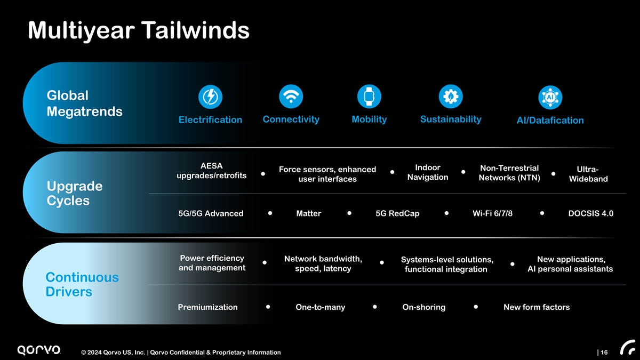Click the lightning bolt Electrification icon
click(x=210, y=97)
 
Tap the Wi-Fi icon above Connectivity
click(x=291, y=97)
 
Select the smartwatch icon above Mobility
click(x=369, y=97)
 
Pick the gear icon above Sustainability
click(x=451, y=97)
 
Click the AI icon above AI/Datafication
click(x=550, y=98)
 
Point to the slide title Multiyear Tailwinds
click(x=139, y=30)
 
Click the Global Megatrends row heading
click(x=84, y=103)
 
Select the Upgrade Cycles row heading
click(x=75, y=193)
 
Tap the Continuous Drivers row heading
click(x=82, y=284)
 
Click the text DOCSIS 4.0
click(x=590, y=213)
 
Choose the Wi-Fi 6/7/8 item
click(x=492, y=213)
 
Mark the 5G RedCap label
click(x=397, y=213)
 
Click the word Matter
click(x=309, y=213)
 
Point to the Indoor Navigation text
click(x=428, y=172)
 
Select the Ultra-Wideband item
click(x=588, y=174)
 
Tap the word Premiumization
click(x=207, y=307)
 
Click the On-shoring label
click(x=423, y=307)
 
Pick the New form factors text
click(x=537, y=307)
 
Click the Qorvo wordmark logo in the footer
click(x=39, y=350)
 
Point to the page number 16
click(x=604, y=353)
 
